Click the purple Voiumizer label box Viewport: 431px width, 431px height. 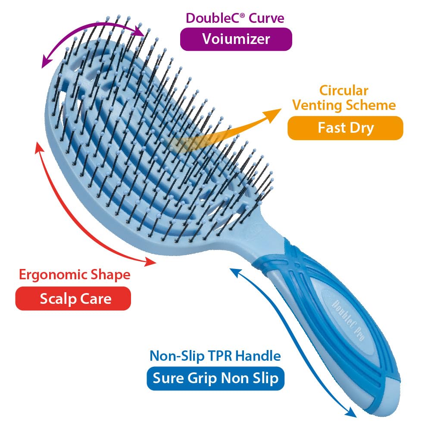236,39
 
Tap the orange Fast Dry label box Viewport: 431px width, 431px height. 345,128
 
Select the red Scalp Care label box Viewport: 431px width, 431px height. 73,298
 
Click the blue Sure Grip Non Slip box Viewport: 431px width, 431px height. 215,378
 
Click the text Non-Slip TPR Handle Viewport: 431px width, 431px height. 215,356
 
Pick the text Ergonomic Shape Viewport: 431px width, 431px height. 74,275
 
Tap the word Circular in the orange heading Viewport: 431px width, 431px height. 344,91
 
